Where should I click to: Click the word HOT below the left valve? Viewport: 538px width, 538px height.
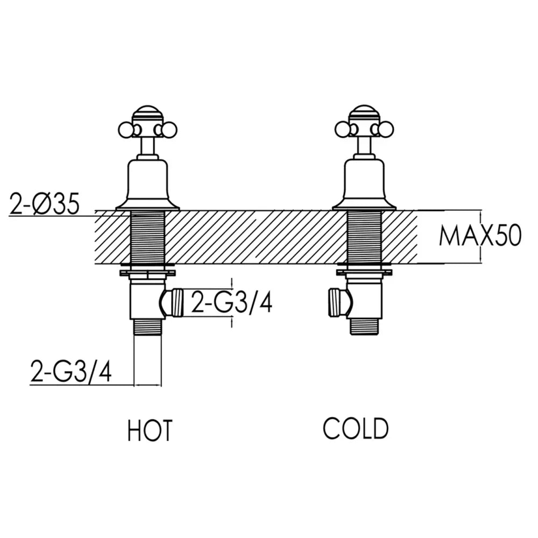[150, 431]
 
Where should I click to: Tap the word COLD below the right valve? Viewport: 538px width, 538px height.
[356, 428]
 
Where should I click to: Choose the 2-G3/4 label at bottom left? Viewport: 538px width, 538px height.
[71, 371]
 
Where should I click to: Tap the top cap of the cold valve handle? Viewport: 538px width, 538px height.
[365, 114]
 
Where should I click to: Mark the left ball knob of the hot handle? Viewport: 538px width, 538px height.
[125, 130]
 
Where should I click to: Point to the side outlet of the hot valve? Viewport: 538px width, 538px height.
[173, 302]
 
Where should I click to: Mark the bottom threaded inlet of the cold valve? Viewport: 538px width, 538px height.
[366, 325]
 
